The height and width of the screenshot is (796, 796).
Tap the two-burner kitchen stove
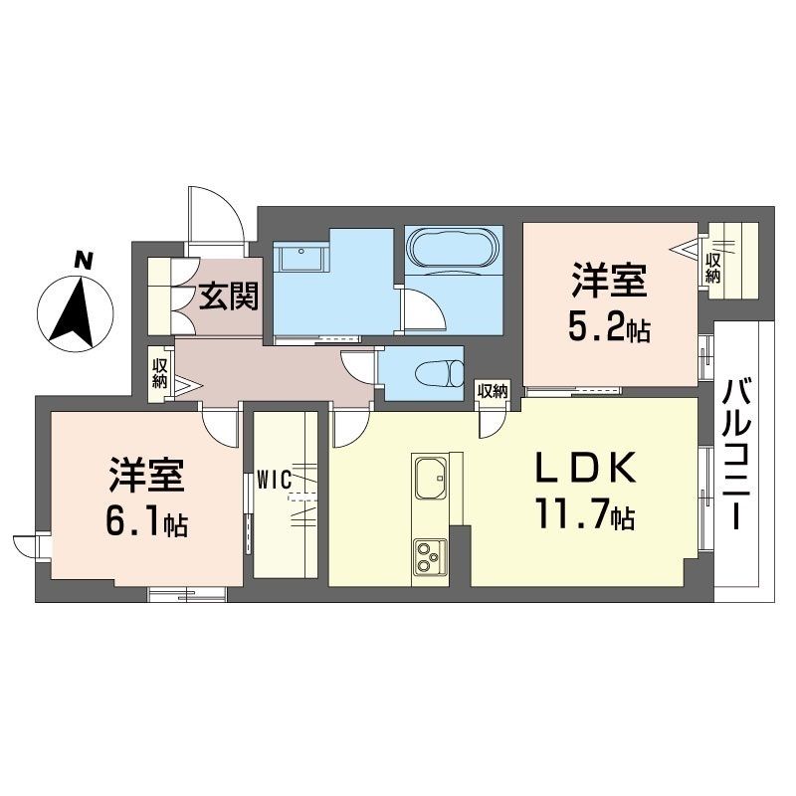[x=431, y=556]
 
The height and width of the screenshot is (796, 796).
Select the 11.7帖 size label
[x=583, y=516]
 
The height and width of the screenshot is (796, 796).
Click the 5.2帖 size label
[x=609, y=329]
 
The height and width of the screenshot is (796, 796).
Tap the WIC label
[x=272, y=479]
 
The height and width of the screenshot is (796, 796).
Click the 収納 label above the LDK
[x=492, y=391]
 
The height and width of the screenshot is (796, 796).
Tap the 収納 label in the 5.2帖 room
[x=712, y=268]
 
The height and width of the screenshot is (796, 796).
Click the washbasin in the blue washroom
[x=298, y=259]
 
